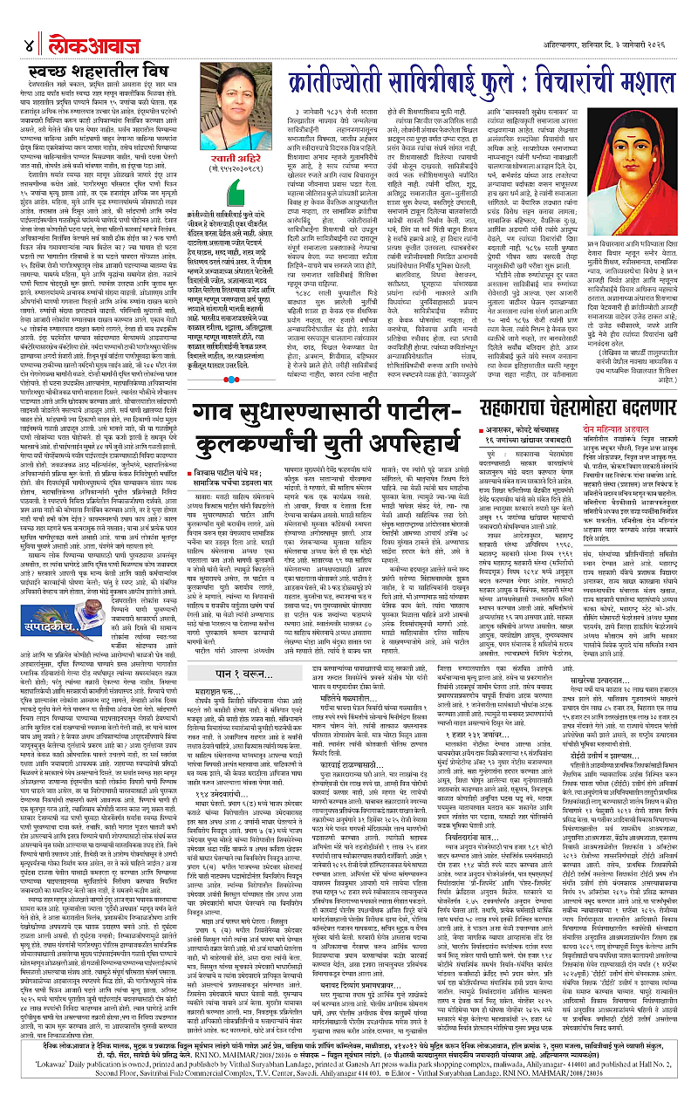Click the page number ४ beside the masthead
(17, 19)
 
